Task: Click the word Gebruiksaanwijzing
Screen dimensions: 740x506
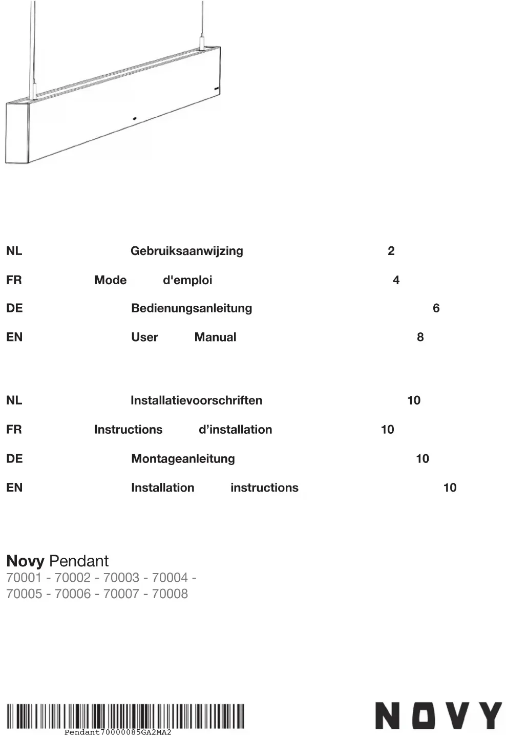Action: [x=186, y=251]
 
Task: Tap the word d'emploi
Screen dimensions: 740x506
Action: [x=187, y=280]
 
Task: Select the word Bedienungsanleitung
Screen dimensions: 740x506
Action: [x=192, y=308]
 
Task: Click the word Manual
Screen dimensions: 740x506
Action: [x=215, y=337]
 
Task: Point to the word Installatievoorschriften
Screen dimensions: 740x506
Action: [x=196, y=400]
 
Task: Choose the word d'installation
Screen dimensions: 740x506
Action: [x=235, y=430]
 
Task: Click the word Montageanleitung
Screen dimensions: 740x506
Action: [x=183, y=458]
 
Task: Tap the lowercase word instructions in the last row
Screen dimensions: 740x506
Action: [x=264, y=488]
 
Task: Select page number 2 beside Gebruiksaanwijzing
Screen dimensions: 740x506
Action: [x=391, y=251]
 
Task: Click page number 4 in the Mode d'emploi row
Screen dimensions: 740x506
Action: [x=396, y=280]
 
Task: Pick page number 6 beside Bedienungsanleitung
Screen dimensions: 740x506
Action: [x=436, y=308]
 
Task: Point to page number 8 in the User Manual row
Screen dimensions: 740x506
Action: [x=420, y=337]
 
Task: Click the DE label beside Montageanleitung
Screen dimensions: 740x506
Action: [x=14, y=458]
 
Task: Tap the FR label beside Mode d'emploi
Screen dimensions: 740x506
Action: [x=14, y=280]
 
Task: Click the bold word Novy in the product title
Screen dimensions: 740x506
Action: [x=25, y=561]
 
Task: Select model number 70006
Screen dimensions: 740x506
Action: [x=72, y=594]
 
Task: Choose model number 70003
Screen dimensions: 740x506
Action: [x=121, y=578]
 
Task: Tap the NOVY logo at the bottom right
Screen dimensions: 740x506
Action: [x=438, y=715]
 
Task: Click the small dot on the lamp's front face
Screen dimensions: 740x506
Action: [x=135, y=119]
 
